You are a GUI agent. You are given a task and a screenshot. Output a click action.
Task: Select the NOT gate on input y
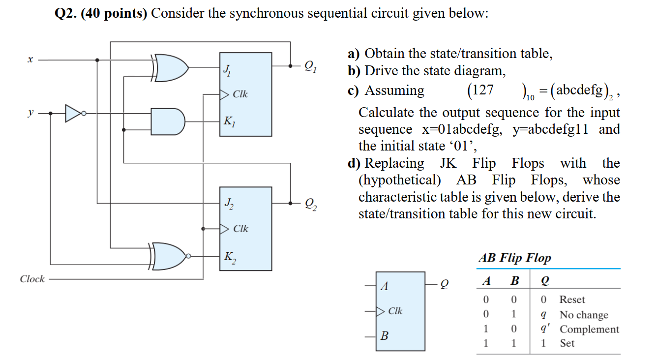pyautogui.click(x=74, y=113)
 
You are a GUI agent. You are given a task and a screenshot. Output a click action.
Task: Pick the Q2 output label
pyautogui.click(x=311, y=203)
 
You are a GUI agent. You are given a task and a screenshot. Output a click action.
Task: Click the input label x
pyautogui.click(x=30, y=60)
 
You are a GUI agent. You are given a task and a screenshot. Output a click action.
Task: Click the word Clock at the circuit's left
pyautogui.click(x=32, y=279)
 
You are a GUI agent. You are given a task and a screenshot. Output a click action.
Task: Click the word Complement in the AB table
pyautogui.click(x=589, y=330)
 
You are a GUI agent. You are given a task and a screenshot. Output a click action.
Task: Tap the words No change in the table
pyautogui.click(x=584, y=315)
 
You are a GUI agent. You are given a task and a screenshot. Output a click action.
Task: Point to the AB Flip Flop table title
pyautogui.click(x=514, y=258)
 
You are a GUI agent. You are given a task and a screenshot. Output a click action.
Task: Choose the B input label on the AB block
pyautogui.click(x=385, y=337)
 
